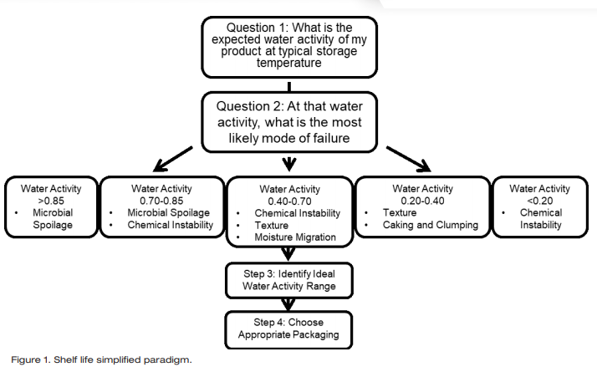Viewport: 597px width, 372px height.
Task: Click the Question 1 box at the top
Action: (x=289, y=45)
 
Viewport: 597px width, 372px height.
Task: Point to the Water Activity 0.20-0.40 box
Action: (x=421, y=207)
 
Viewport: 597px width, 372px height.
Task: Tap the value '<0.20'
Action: (x=541, y=201)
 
